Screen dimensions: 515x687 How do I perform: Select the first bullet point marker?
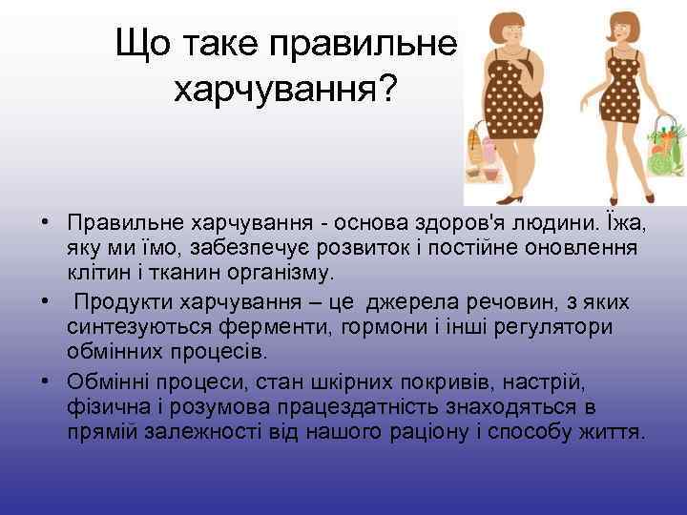(x=46, y=223)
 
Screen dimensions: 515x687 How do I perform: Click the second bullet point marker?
(x=46, y=302)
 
